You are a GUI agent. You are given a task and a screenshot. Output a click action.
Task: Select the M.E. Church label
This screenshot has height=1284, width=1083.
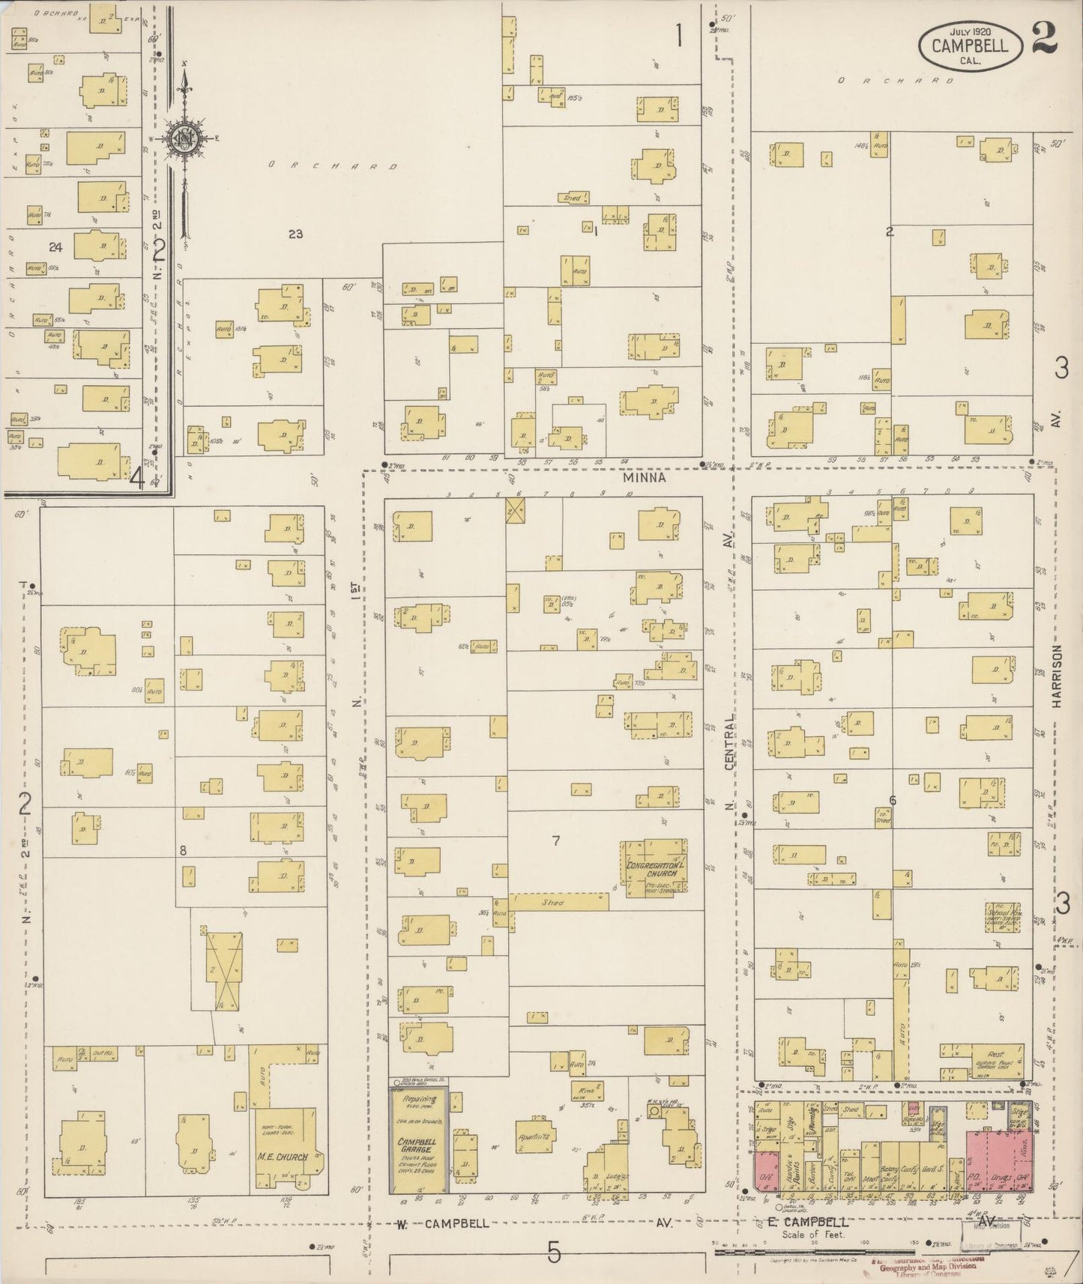(283, 1157)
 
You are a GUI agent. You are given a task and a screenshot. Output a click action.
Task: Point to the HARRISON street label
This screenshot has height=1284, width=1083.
(1057, 676)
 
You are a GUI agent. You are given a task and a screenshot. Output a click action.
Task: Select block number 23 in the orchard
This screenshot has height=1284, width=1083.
(295, 234)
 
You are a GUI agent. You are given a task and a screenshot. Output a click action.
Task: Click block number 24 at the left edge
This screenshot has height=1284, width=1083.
(55, 247)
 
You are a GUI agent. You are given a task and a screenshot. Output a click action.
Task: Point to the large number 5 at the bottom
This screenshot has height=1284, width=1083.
(553, 1252)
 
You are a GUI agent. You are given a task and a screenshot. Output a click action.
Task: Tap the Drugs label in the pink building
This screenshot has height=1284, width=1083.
(998, 1178)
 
